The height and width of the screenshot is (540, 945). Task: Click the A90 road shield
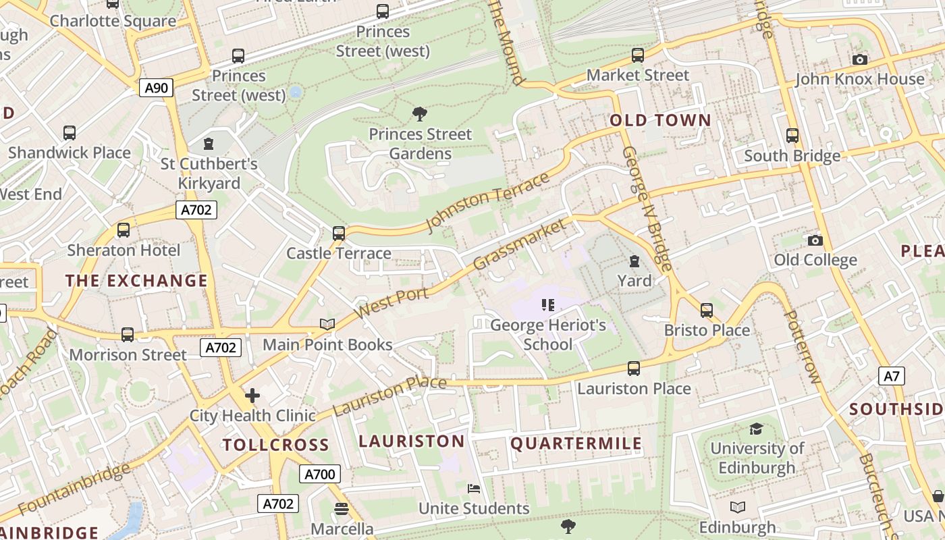pyautogui.click(x=157, y=87)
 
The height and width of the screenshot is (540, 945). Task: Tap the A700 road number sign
pyautogui.click(x=320, y=474)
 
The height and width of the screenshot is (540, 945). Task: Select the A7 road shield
pyautogui.click(x=892, y=376)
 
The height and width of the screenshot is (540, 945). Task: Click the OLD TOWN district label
pyautogui.click(x=660, y=121)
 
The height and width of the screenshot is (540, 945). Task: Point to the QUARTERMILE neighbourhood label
pyautogui.click(x=576, y=443)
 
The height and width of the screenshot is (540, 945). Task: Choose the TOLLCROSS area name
pyautogui.click(x=275, y=445)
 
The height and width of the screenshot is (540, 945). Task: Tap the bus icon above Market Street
pyautogui.click(x=637, y=55)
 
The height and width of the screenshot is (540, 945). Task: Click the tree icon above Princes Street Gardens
pyautogui.click(x=419, y=113)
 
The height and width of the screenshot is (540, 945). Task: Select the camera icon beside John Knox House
pyautogui.click(x=859, y=59)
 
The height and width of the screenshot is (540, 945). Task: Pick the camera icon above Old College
pyautogui.click(x=815, y=240)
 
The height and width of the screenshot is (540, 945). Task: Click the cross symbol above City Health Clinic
pyautogui.click(x=252, y=395)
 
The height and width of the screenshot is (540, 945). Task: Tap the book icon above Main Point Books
pyautogui.click(x=327, y=325)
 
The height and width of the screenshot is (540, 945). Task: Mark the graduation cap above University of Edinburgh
pyautogui.click(x=756, y=429)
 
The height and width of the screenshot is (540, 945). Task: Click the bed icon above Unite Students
pyautogui.click(x=474, y=489)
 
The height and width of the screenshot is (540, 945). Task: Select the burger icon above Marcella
pyautogui.click(x=342, y=508)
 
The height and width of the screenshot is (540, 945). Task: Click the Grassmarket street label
pyautogui.click(x=519, y=244)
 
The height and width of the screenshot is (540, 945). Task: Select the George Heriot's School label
pyautogui.click(x=547, y=335)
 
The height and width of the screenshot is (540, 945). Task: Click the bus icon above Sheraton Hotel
pyautogui.click(x=124, y=230)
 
